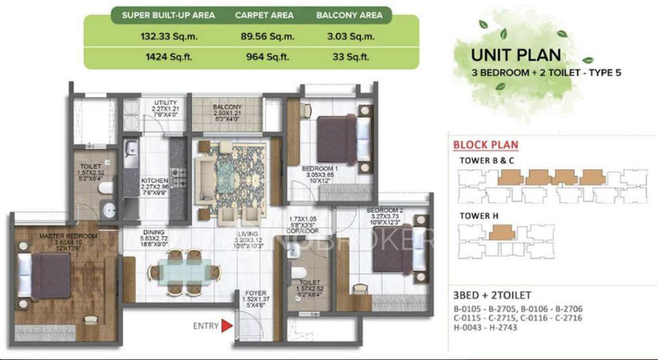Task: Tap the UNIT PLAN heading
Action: [x=516, y=55]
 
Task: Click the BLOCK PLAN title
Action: [x=485, y=145]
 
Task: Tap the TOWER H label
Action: [x=479, y=215]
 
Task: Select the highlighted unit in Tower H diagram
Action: [x=502, y=232]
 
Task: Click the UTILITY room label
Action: [x=165, y=102]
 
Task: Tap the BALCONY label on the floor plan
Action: [x=227, y=107]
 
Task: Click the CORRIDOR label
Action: [x=302, y=231]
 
